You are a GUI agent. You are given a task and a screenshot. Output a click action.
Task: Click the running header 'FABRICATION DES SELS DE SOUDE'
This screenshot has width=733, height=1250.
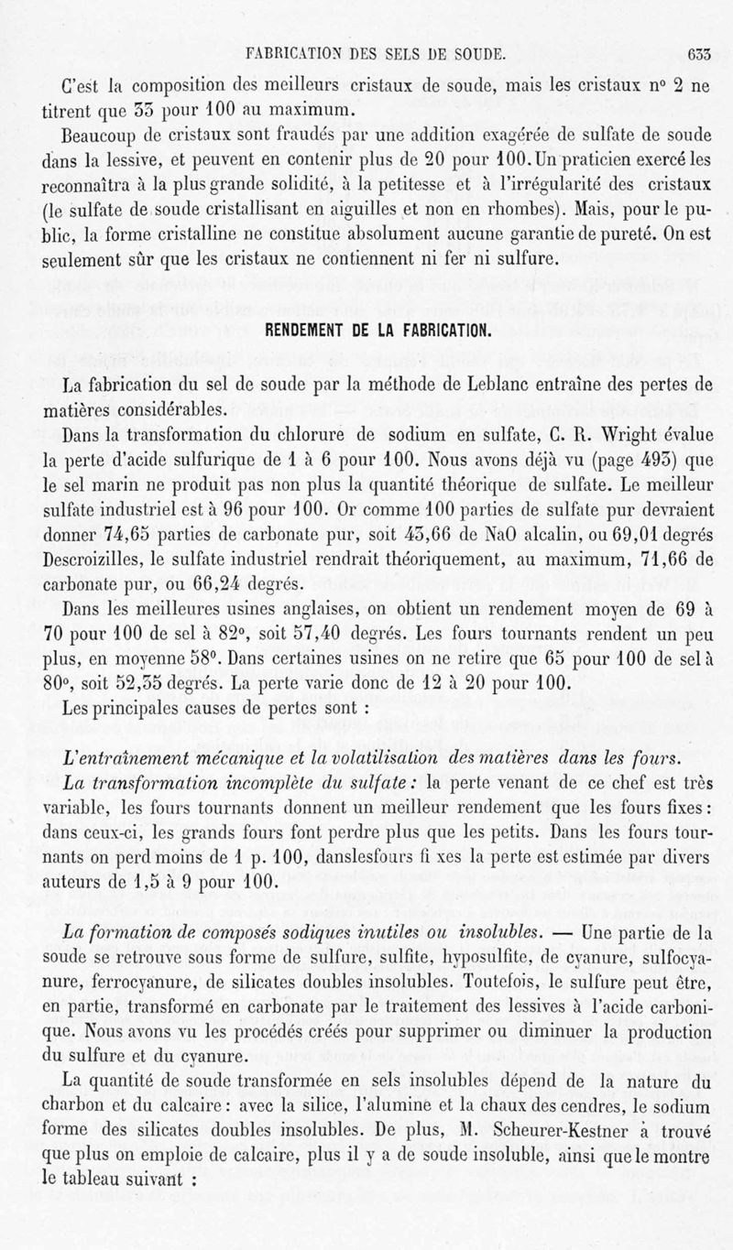(x=369, y=54)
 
